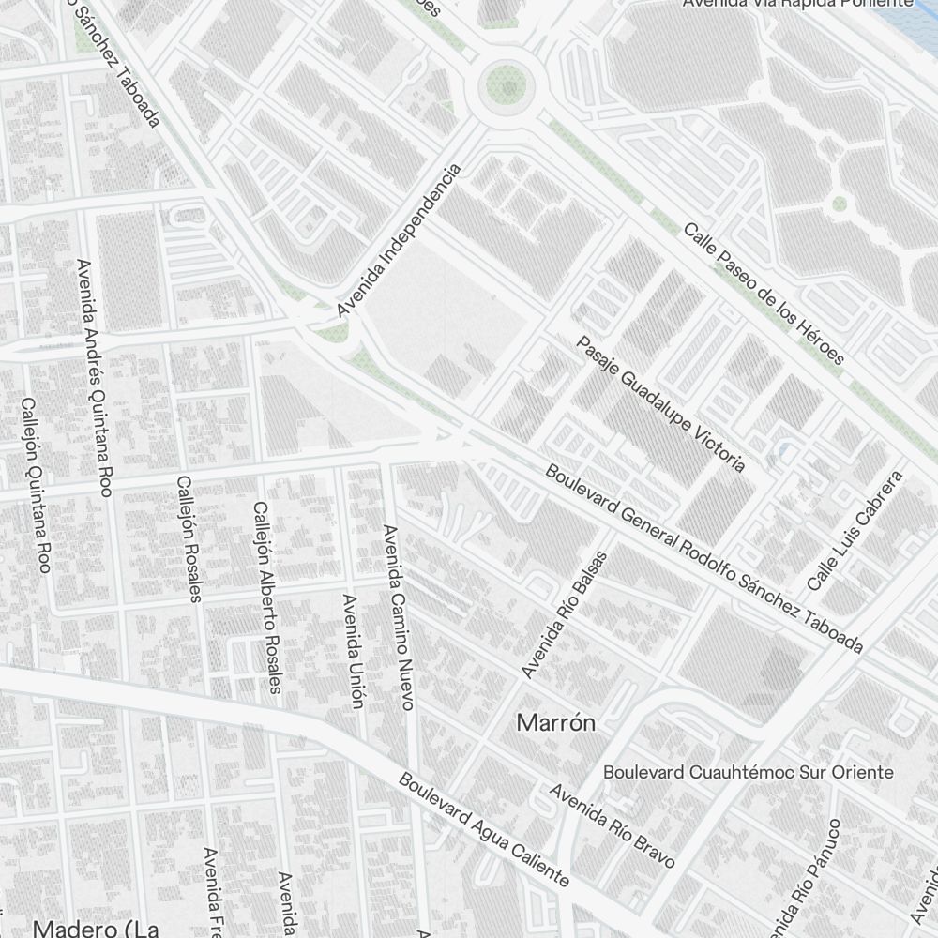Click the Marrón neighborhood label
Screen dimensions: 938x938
click(x=556, y=723)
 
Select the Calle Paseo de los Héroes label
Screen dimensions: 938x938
click(x=764, y=293)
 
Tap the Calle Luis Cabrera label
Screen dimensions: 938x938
click(x=855, y=531)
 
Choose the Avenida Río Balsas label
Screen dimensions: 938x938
click(x=565, y=614)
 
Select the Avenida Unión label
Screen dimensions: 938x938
click(x=353, y=650)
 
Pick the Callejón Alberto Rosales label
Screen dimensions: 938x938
click(x=266, y=597)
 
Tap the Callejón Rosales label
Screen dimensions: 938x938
click(x=189, y=538)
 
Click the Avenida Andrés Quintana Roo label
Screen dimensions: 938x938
click(x=96, y=377)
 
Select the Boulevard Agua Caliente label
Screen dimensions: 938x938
click(x=484, y=829)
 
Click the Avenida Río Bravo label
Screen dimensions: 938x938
click(x=613, y=825)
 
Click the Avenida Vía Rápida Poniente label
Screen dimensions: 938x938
click(x=797, y=4)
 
